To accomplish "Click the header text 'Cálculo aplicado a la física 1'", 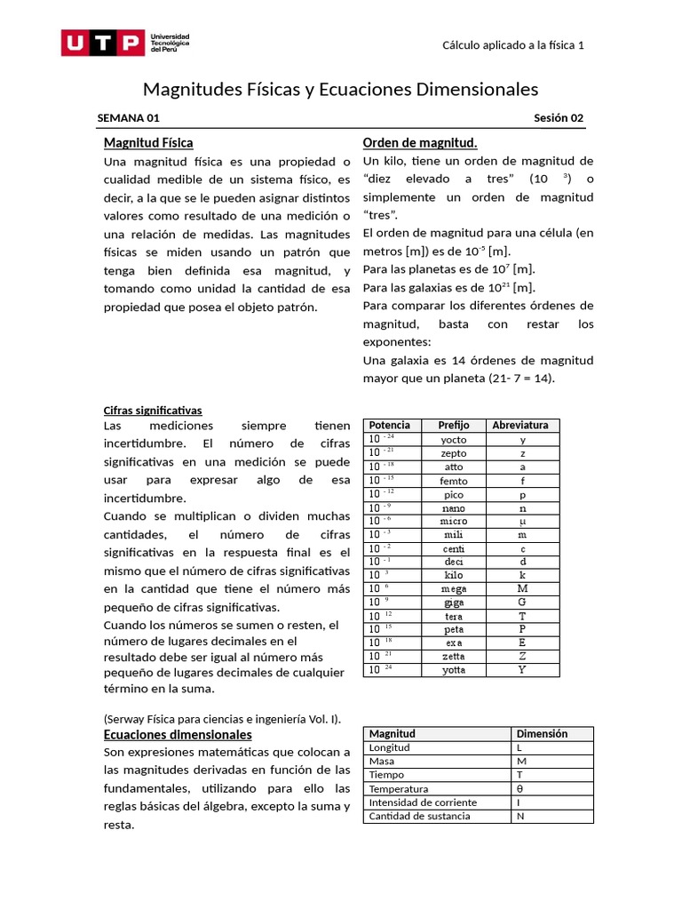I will pyautogui.click(x=512, y=46).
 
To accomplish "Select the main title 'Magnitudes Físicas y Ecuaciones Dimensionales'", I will pyautogui.click(x=341, y=90).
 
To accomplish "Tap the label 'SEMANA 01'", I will pyautogui.click(x=129, y=118).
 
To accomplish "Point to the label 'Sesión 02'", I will pyautogui.click(x=559, y=118).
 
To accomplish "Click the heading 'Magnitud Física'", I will pyautogui.click(x=148, y=142).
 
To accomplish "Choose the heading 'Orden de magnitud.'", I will pyautogui.click(x=420, y=142).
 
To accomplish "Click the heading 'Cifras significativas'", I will pyautogui.click(x=153, y=410).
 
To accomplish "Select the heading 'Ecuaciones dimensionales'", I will pyautogui.click(x=178, y=734).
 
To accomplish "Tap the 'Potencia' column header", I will pyautogui.click(x=390, y=425).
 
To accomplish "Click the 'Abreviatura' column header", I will pyautogui.click(x=520, y=425).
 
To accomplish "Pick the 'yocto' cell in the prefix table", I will pyautogui.click(x=454, y=439).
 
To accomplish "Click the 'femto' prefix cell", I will pyautogui.click(x=454, y=481).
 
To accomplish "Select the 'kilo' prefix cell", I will pyautogui.click(x=454, y=575).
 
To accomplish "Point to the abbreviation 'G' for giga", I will pyautogui.click(x=522, y=603).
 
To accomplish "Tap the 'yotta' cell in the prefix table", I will pyautogui.click(x=454, y=670).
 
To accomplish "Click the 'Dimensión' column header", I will pyautogui.click(x=542, y=734).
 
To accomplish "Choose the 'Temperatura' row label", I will pyautogui.click(x=399, y=788).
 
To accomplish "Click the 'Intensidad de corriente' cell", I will pyautogui.click(x=423, y=802).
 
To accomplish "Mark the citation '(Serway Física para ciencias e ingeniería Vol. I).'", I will pyautogui.click(x=222, y=718).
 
